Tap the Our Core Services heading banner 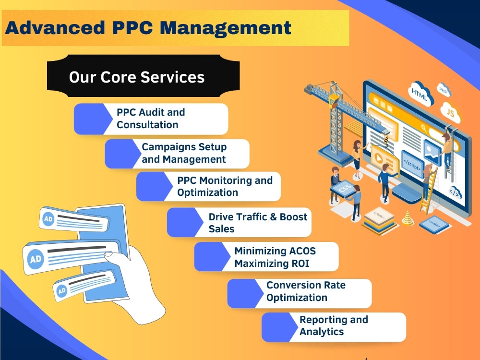143,76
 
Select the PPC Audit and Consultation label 151,119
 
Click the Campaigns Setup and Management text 184,153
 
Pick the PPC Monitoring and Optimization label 225,186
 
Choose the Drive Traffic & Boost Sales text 258,223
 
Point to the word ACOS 302,251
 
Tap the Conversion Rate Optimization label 306,291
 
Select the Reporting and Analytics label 334,325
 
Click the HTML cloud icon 420,94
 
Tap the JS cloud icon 451,112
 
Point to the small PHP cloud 444,90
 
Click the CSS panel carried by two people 345,189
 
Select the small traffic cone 408,218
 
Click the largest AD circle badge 36,259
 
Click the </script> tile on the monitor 412,164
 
